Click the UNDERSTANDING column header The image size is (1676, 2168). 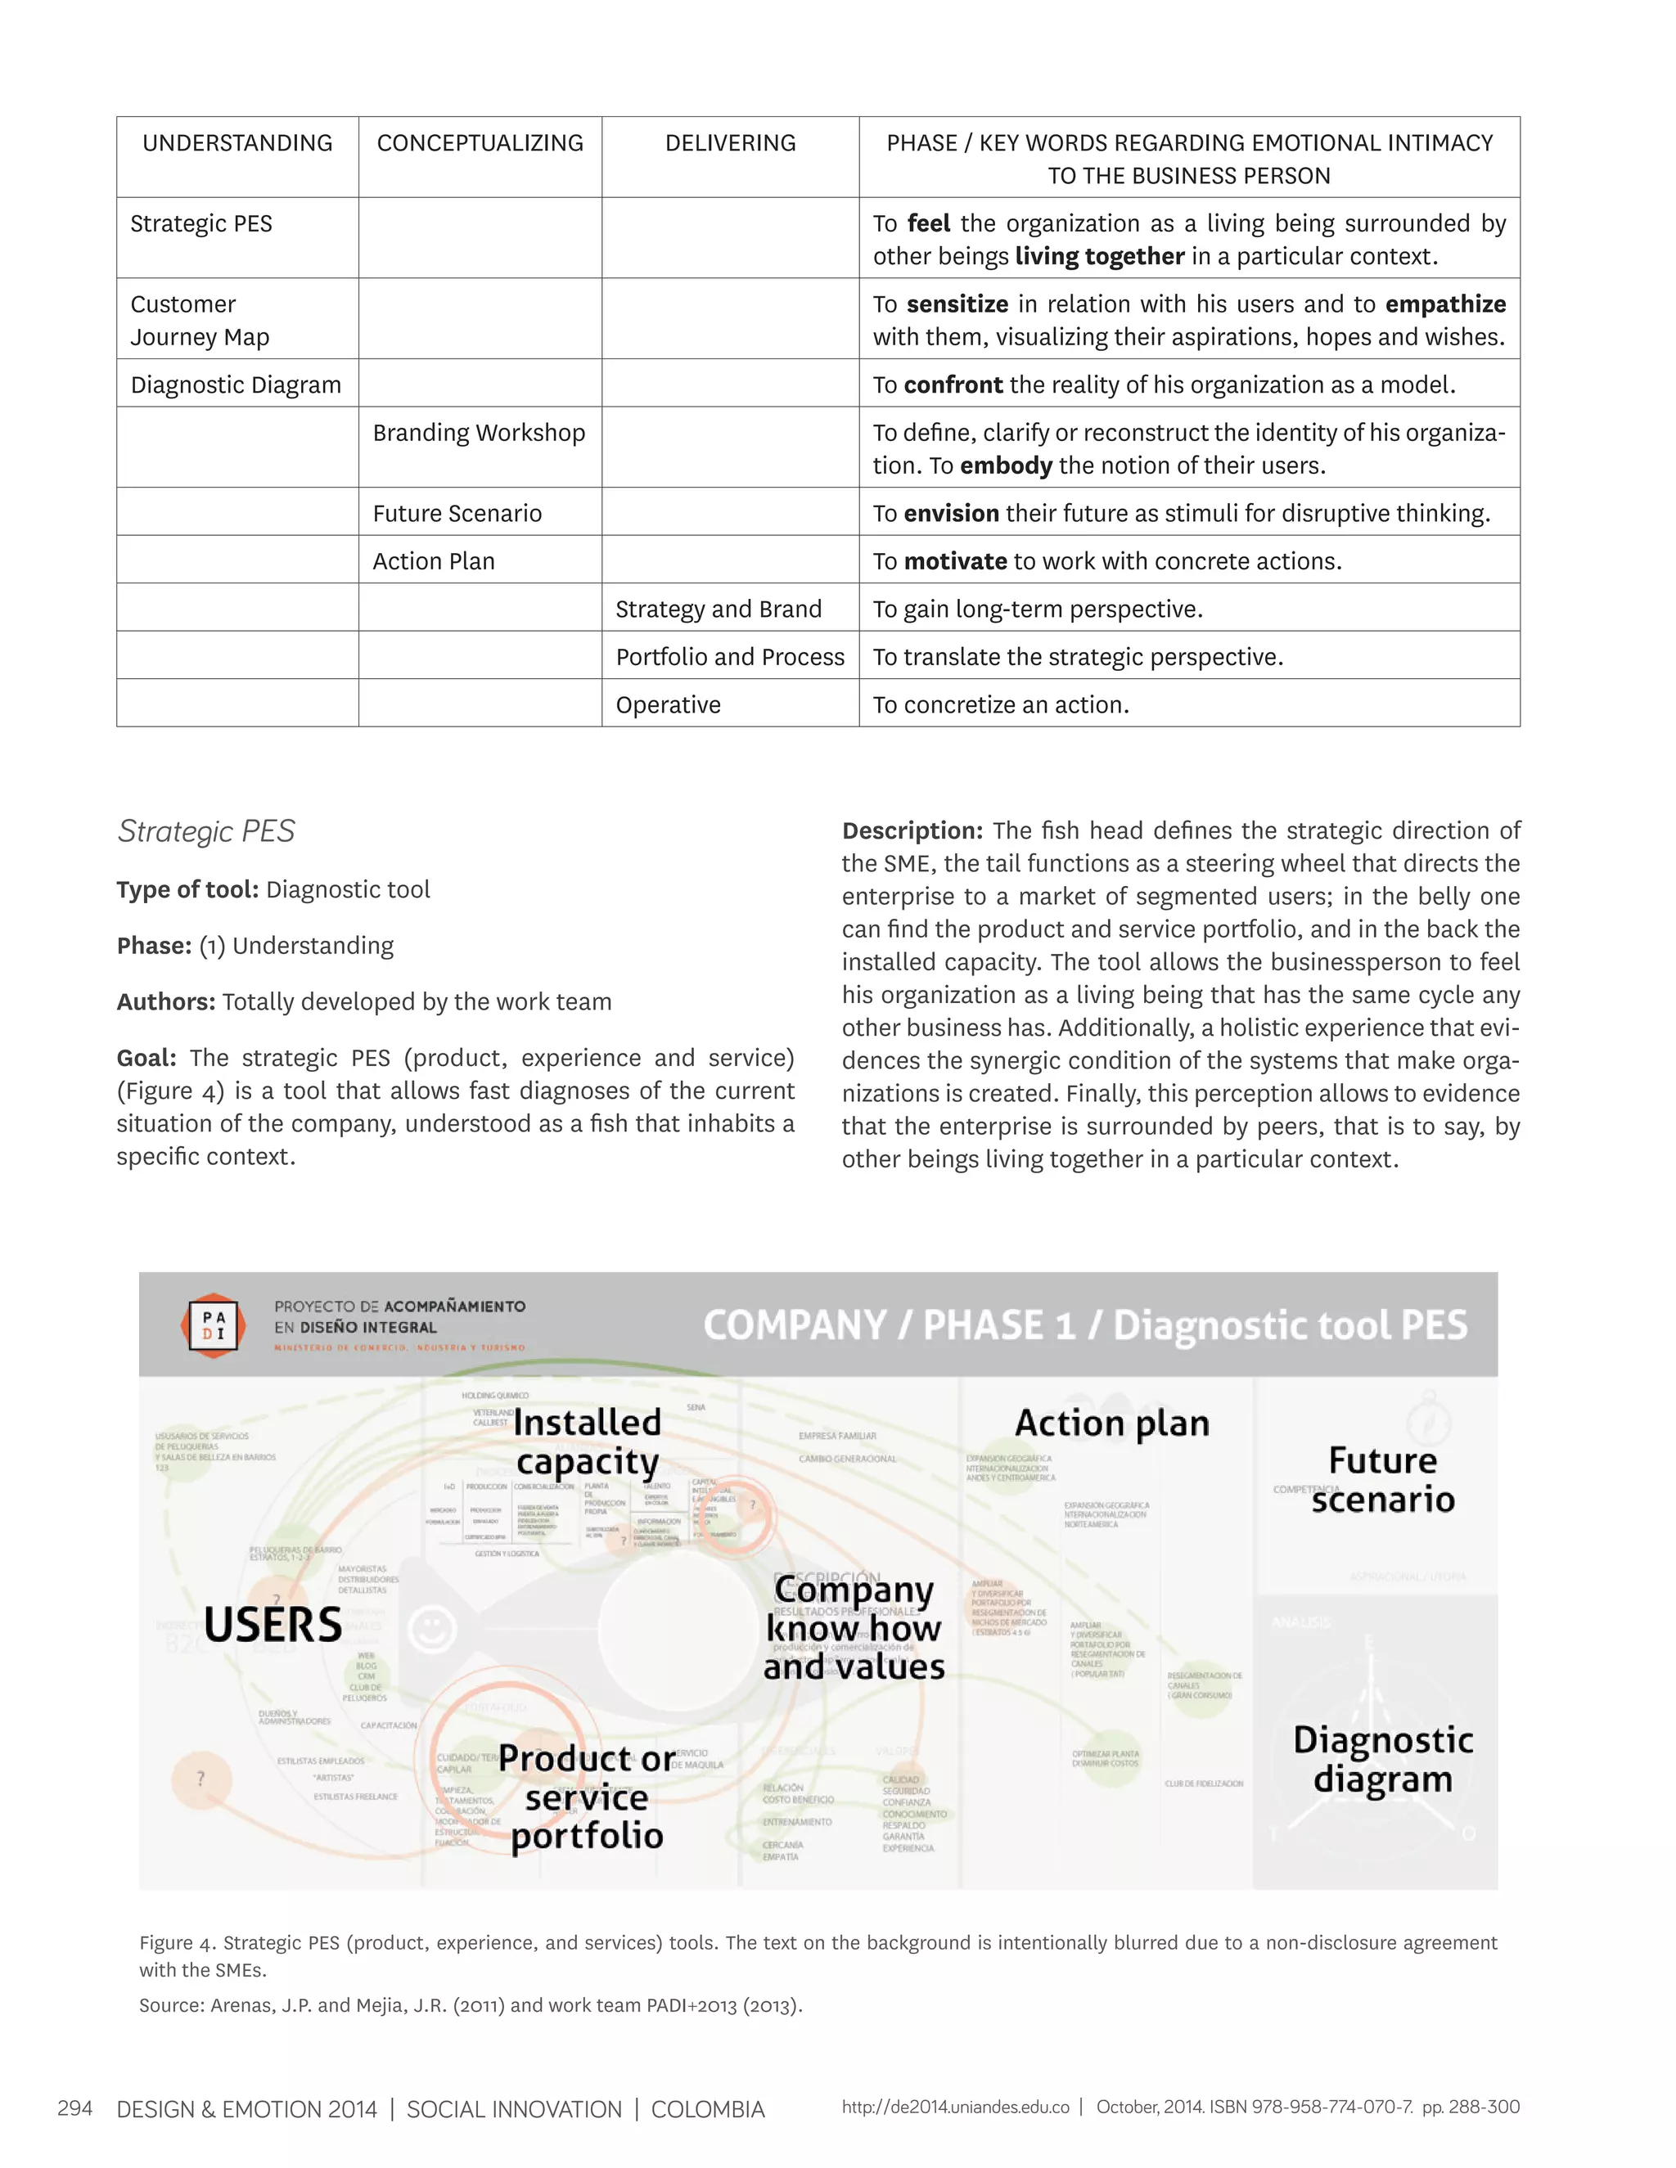[x=237, y=143]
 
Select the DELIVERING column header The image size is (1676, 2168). [x=730, y=143]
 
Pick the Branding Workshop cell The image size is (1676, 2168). [x=479, y=433]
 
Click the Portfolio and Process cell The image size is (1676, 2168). [x=730, y=657]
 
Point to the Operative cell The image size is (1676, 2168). [x=669, y=704]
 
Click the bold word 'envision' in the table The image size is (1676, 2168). [x=951, y=513]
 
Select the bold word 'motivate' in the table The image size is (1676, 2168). [x=955, y=561]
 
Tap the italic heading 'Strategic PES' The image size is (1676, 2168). [x=206, y=831]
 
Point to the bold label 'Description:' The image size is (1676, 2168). [x=912, y=831]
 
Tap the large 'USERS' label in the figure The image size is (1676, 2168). [x=273, y=1625]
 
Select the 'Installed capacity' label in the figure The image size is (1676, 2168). [x=587, y=1442]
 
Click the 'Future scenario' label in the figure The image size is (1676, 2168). [x=1382, y=1479]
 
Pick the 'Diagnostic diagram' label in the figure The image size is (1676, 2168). [x=1382, y=1759]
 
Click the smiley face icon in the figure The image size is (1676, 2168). [x=432, y=1629]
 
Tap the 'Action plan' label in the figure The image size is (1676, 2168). [x=1112, y=1423]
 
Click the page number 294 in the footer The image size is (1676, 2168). [x=75, y=2108]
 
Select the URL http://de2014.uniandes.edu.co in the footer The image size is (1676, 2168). [x=955, y=2107]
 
